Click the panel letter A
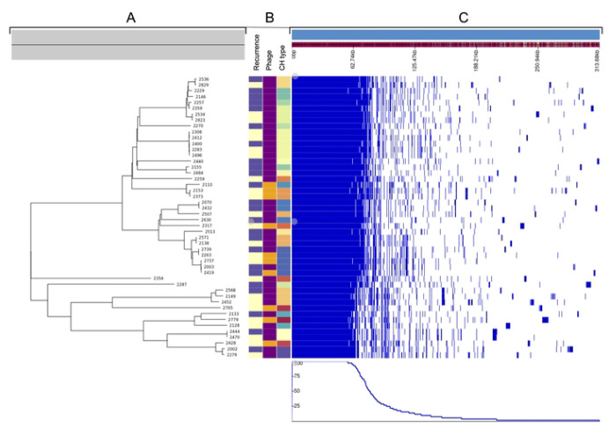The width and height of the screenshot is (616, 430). click(130, 17)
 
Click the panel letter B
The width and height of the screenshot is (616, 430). click(269, 17)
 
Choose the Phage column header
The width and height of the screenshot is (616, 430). click(269, 55)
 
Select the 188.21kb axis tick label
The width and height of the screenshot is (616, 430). click(473, 64)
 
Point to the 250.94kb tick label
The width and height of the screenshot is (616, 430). click(535, 64)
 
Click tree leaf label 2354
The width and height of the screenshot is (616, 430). click(159, 278)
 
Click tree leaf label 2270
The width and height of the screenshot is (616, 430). click(197, 126)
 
